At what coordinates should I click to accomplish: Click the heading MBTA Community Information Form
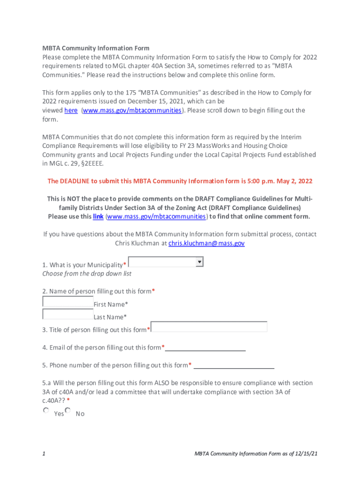point(96,48)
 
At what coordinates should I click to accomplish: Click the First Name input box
point(68,301)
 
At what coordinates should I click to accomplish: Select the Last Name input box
point(68,314)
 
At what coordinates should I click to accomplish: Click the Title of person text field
point(209,327)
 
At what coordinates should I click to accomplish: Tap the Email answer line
point(205,348)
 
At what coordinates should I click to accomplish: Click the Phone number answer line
point(234,366)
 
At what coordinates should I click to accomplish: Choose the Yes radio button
point(46,411)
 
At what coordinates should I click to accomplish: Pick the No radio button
point(68,411)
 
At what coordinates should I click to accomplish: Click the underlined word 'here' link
point(71,110)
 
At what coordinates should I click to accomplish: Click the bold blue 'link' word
point(98,217)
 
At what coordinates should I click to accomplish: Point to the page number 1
point(43,454)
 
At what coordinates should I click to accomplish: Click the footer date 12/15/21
point(306,454)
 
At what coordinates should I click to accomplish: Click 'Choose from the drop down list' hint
point(87,274)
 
